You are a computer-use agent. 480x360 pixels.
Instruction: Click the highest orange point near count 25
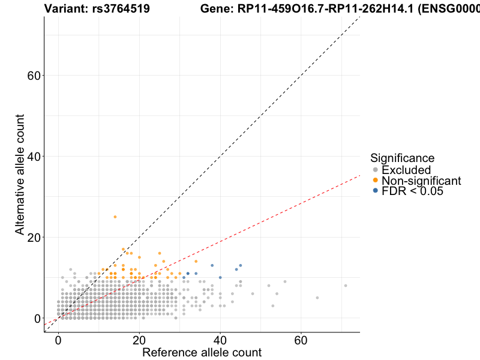[x=115, y=217]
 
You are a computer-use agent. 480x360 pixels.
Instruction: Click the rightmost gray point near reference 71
[x=346, y=286]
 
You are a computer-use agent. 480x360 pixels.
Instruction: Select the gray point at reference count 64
[x=317, y=298]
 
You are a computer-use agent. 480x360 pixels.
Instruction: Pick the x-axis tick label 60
[x=301, y=340]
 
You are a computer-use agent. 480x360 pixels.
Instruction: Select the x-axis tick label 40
[x=220, y=340]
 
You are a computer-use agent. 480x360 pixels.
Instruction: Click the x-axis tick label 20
[x=139, y=340]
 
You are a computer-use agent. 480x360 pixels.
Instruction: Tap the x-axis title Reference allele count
[x=202, y=352]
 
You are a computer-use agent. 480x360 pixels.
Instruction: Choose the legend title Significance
[x=402, y=158]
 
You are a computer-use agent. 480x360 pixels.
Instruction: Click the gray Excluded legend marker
[x=376, y=170]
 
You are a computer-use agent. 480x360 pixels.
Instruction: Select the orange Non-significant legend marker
[x=376, y=180]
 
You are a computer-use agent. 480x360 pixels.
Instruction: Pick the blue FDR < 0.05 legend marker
[x=376, y=190]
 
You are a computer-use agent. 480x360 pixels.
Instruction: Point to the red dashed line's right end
[x=359, y=175]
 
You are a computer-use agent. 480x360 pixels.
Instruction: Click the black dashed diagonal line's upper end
[x=359, y=17]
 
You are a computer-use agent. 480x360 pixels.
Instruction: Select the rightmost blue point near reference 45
[x=241, y=265]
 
